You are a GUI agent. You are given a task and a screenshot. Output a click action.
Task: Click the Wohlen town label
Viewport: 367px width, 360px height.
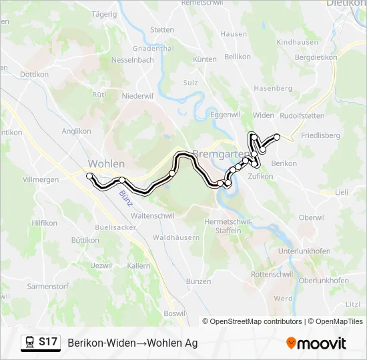106,163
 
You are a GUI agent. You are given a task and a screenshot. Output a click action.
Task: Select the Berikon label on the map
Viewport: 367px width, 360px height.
284,163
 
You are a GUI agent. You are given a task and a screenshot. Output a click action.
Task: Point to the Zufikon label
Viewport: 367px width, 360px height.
260,177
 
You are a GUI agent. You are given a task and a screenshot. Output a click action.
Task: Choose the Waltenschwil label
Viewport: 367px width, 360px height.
153,216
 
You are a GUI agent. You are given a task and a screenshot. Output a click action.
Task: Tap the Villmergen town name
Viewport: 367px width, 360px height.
41,180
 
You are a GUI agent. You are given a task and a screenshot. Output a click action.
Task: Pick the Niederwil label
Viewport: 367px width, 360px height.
138,96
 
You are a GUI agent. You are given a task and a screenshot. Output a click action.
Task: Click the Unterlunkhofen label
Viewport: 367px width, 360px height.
304,251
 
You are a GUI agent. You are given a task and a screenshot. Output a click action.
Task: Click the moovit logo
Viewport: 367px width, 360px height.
316,343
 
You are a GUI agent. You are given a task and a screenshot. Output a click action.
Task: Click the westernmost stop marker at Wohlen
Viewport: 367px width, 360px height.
89,175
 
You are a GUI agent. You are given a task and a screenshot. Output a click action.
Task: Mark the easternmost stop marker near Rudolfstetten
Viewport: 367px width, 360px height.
277,137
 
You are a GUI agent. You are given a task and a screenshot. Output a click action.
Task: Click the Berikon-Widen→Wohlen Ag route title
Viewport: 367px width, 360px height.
132,343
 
